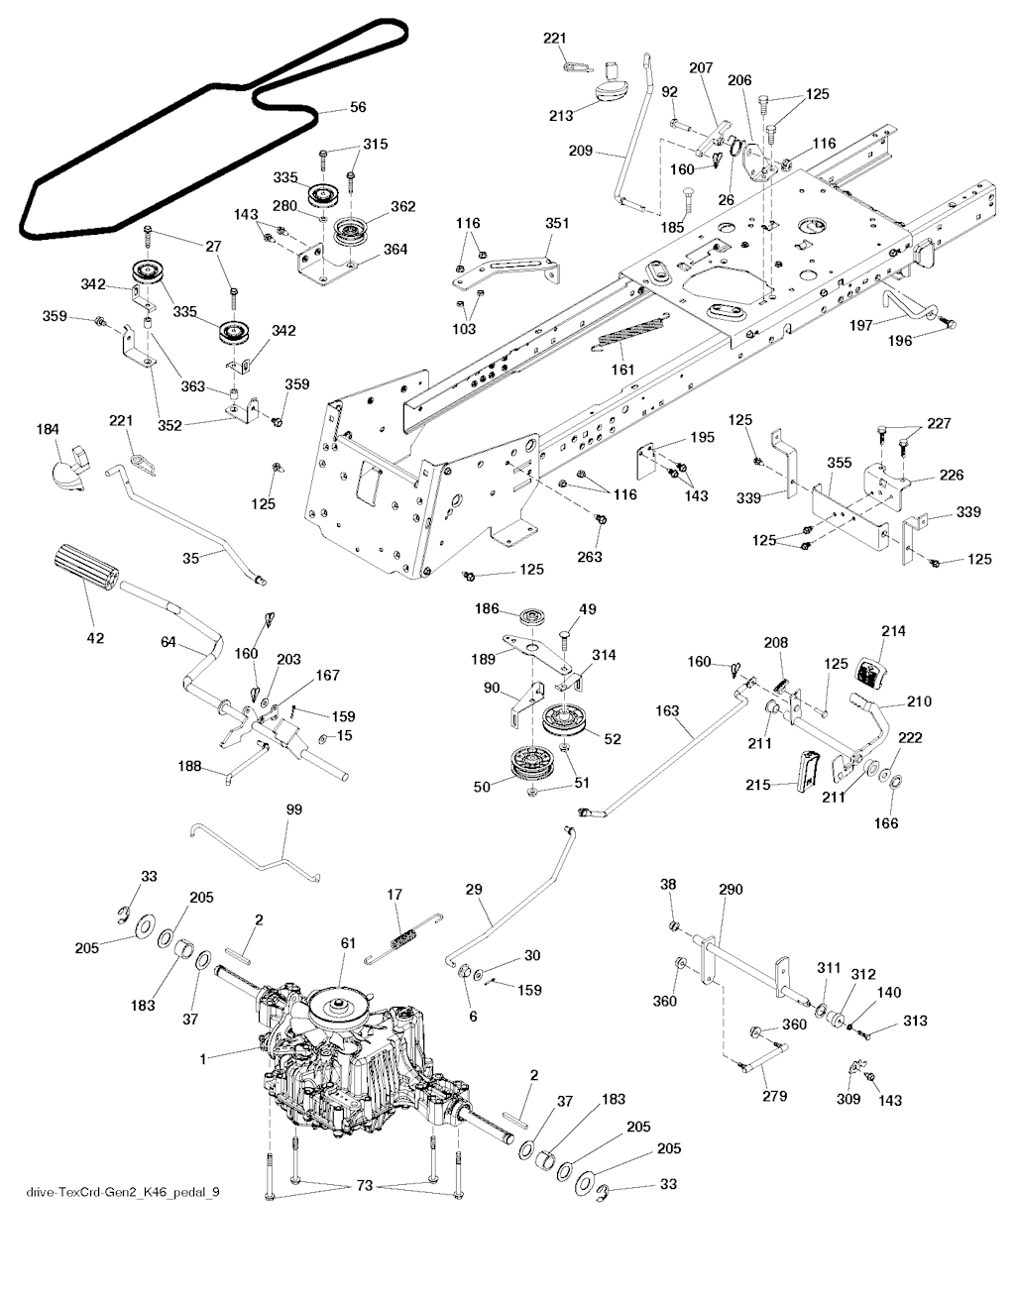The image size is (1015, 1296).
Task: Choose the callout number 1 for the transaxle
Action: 203,1059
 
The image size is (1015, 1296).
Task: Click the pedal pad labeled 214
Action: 869,670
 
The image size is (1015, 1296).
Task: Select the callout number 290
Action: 730,891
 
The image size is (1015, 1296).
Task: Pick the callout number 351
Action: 557,224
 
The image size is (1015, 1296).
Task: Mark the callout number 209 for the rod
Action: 581,152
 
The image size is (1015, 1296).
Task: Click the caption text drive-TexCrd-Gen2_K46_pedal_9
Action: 123,1190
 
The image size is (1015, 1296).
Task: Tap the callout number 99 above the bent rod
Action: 293,810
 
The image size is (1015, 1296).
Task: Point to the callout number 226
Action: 951,477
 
